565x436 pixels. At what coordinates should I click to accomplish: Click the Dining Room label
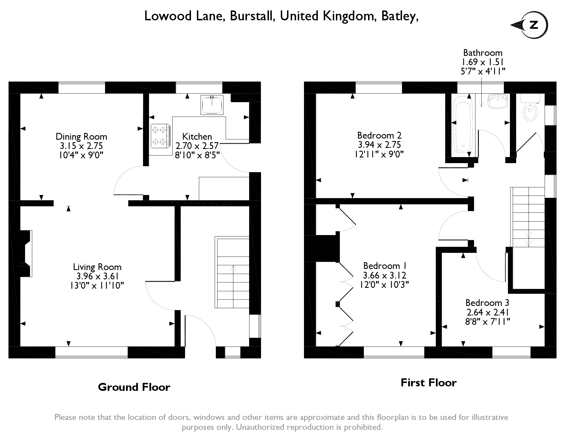(81, 137)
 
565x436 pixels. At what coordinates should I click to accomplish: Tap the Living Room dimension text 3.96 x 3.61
(97, 276)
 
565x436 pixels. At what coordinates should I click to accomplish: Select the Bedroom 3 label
(487, 303)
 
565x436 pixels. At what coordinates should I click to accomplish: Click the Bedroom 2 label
(379, 135)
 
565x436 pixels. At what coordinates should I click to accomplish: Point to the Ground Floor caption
(134, 387)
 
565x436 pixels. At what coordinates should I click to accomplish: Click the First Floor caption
(429, 383)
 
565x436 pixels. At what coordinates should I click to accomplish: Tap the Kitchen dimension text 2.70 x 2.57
(197, 146)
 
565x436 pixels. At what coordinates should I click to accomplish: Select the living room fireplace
(26, 253)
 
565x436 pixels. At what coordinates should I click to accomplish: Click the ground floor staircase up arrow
(233, 268)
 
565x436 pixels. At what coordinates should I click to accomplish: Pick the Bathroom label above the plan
(483, 53)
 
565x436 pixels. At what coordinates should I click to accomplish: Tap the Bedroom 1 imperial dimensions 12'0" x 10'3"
(384, 285)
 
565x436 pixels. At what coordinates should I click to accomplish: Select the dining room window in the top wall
(82, 87)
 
